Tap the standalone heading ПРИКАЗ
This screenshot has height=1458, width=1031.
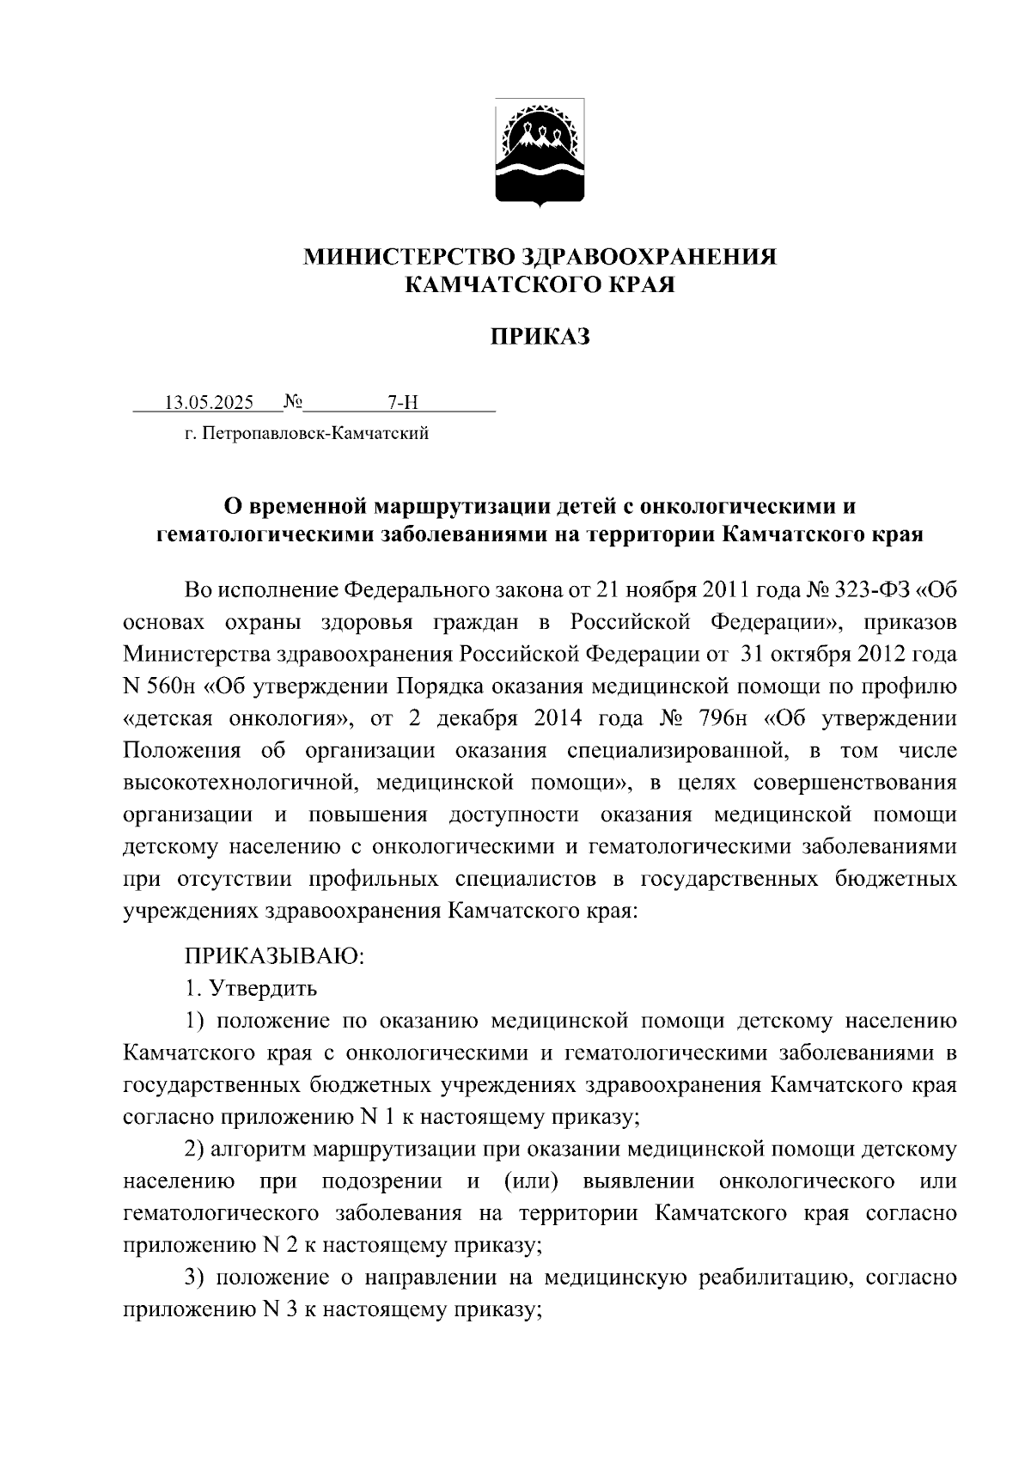(x=540, y=337)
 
